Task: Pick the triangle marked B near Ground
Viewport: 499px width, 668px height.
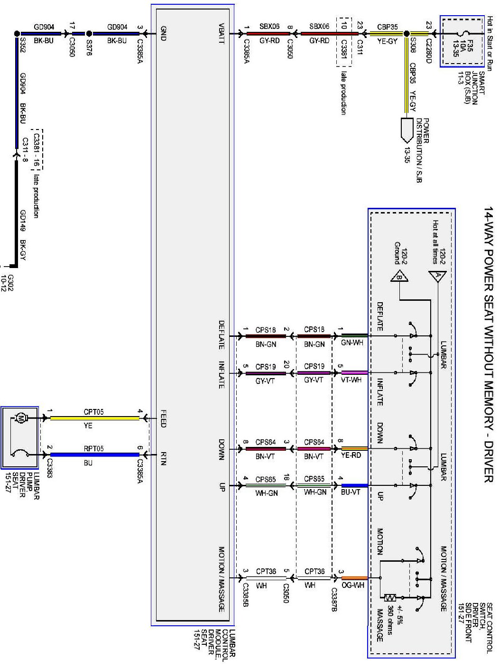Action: [399, 277]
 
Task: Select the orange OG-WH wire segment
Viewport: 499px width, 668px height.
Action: [354, 578]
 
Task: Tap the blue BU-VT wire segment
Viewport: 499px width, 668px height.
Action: [354, 485]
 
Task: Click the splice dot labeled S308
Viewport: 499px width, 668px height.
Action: [407, 34]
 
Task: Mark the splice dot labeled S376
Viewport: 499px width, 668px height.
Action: [89, 34]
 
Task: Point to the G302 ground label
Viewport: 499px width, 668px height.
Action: [8, 282]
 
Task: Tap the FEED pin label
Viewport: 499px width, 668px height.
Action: [163, 418]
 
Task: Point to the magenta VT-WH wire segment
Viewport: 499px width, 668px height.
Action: [354, 372]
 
